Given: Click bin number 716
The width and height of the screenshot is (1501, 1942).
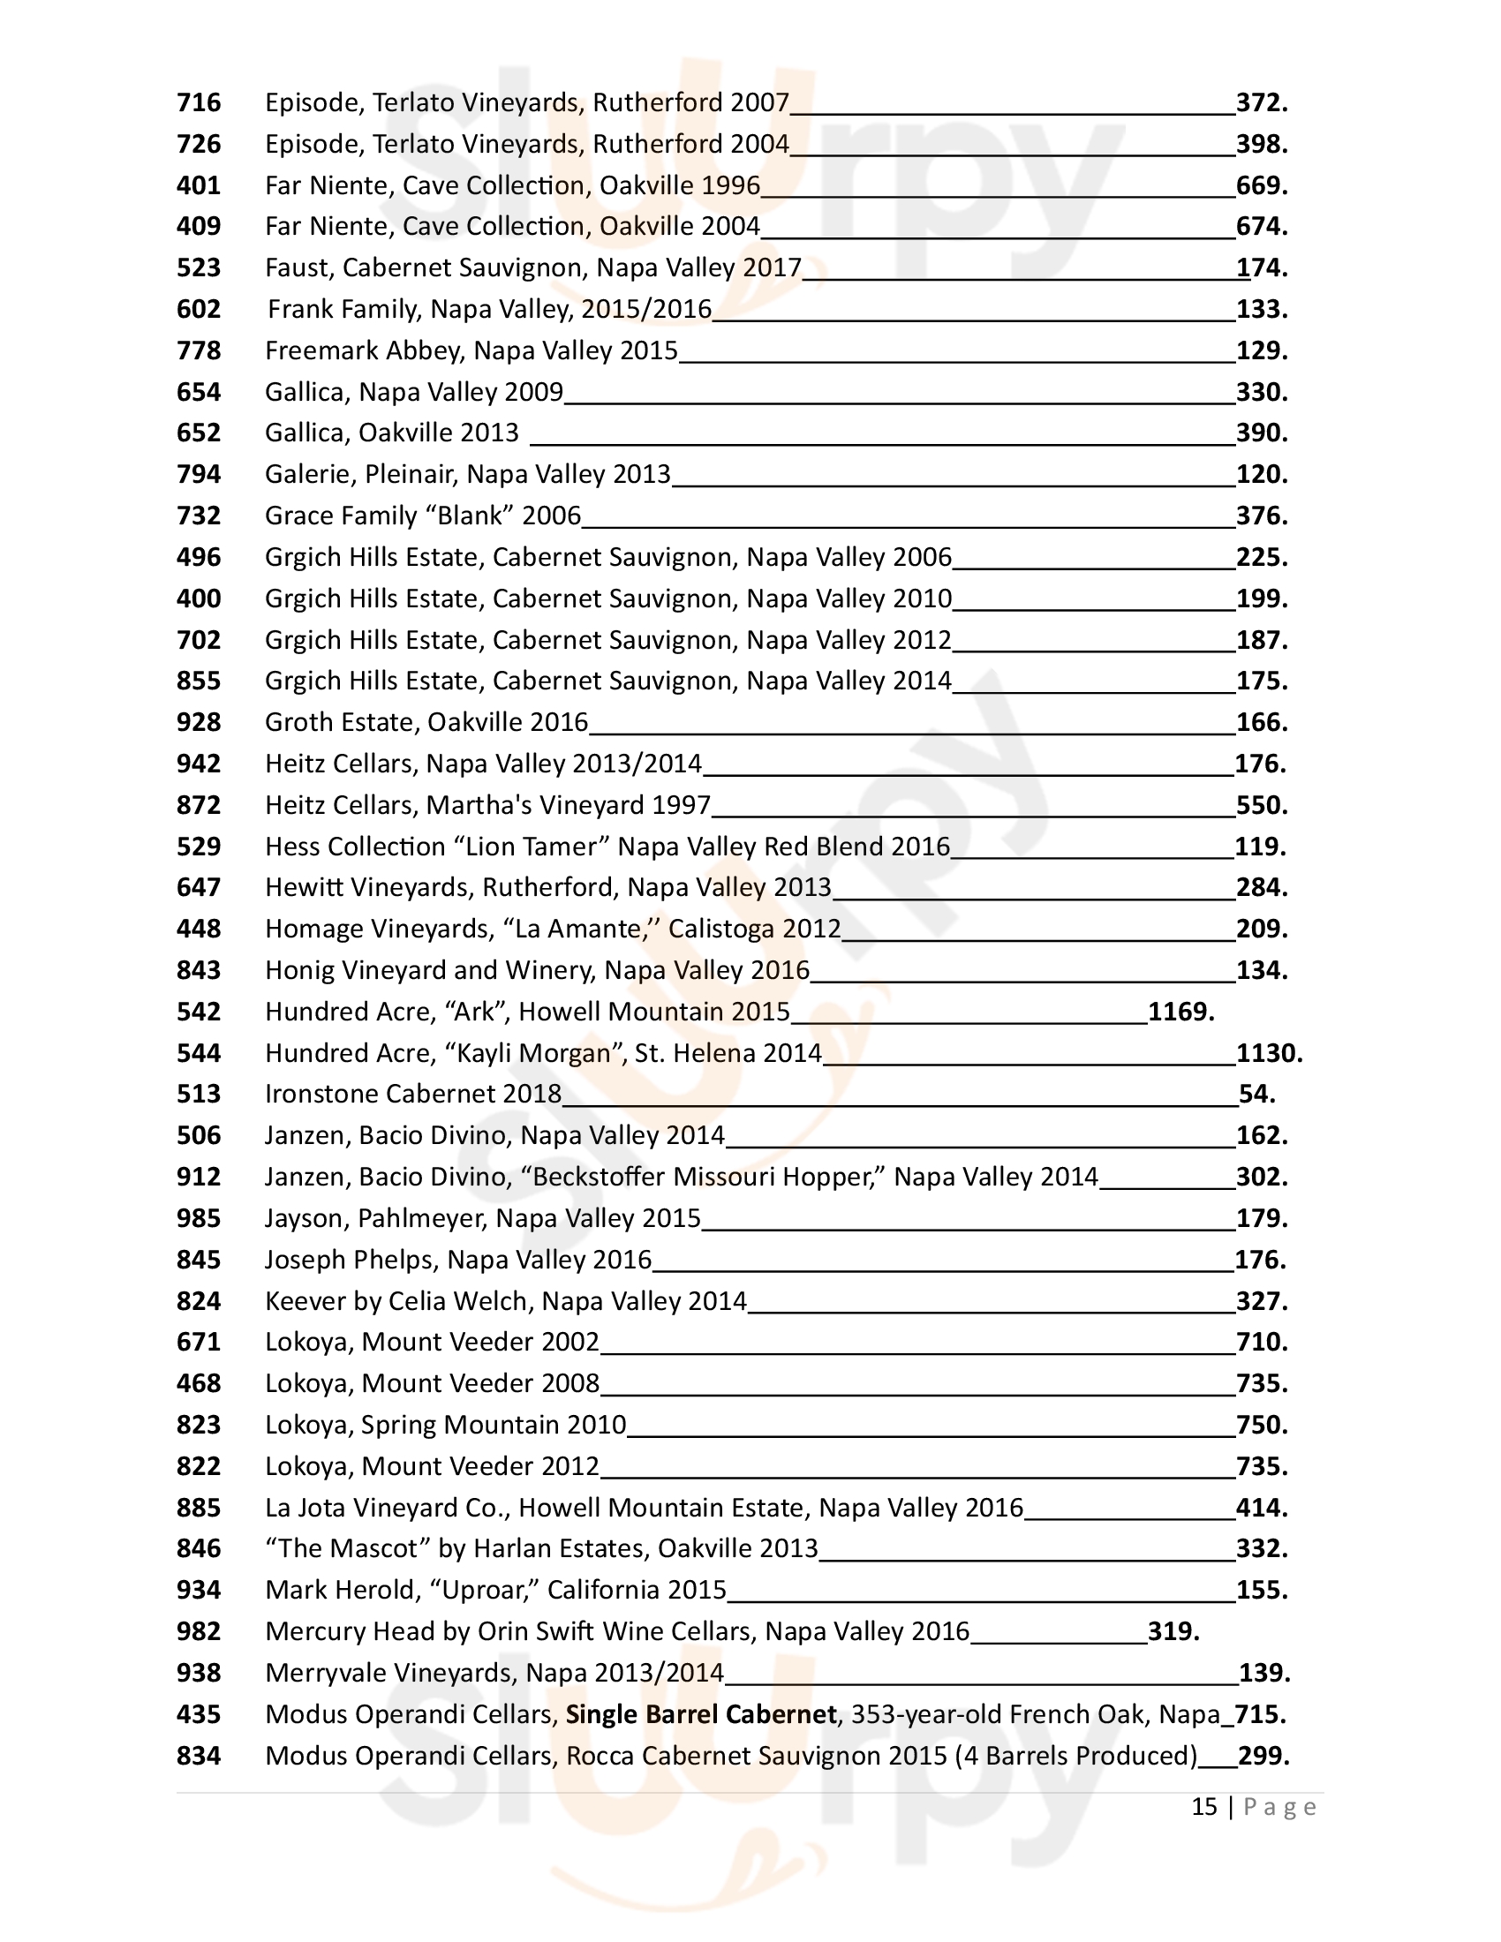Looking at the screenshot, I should pos(199,103).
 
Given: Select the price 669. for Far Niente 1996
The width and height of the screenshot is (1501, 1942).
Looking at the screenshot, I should pos(1261,186).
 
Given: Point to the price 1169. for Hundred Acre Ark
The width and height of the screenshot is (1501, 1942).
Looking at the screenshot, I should pos(1180,1012).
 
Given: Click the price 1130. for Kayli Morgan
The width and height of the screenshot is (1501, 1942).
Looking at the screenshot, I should pos(1269,1054).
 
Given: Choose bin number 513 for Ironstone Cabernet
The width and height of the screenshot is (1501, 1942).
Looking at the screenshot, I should pos(199,1094).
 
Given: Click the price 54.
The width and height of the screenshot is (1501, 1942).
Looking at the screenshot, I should pos(1256,1094).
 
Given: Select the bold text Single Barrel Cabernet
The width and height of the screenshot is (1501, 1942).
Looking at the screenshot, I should pos(701,1714).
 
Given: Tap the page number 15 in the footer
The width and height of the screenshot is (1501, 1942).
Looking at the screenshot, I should pos(1203,1807).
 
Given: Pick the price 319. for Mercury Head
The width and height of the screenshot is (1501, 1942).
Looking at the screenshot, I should pos(1173,1631).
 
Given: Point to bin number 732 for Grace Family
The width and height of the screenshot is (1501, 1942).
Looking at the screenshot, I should pos(199,516).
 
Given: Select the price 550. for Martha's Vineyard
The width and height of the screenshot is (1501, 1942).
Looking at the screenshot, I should pos(1261,806).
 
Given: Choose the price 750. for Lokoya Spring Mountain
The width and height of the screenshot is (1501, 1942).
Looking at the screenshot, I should pos(1261,1426).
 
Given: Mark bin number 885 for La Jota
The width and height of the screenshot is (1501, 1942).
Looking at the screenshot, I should pos(199,1508).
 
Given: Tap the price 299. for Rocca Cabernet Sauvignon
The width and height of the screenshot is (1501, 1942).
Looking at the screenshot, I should pos(1263,1756).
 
